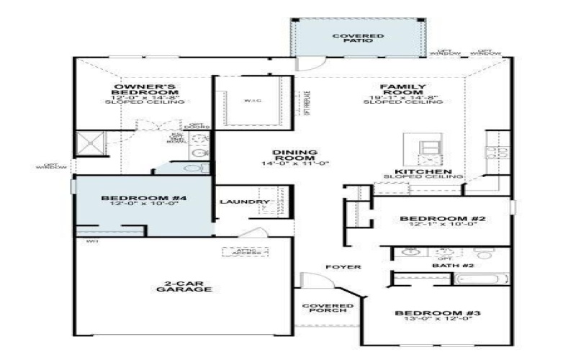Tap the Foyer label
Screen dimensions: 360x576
pyautogui.click(x=343, y=267)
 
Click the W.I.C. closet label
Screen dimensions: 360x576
pyautogui.click(x=252, y=101)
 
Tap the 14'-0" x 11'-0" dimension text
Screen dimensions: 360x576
pyautogui.click(x=295, y=163)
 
